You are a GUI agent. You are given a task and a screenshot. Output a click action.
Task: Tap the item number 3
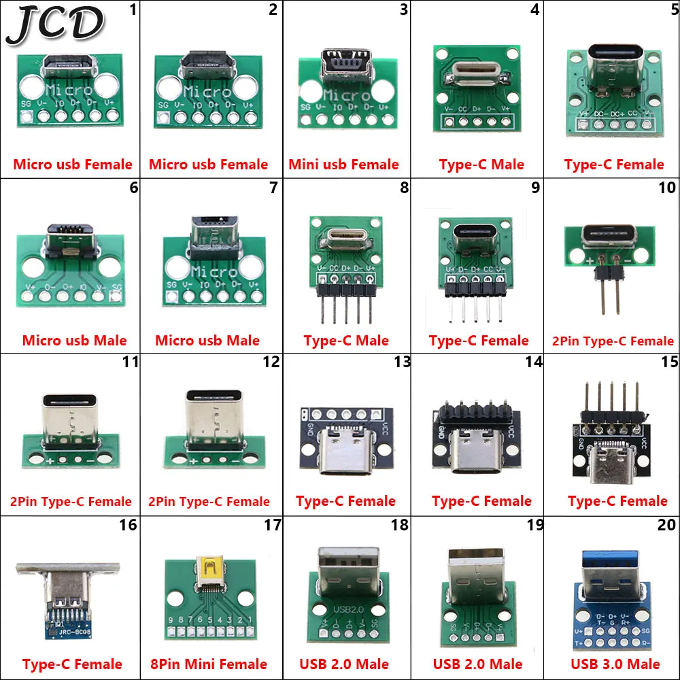(x=404, y=10)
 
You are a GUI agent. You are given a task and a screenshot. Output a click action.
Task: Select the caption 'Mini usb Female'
(x=343, y=165)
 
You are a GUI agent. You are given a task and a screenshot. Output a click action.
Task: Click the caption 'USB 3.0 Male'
(x=615, y=664)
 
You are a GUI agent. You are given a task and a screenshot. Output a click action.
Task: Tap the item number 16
(x=128, y=525)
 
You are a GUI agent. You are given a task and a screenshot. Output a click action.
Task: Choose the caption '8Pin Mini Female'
(x=208, y=664)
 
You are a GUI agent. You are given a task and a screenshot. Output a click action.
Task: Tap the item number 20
(x=667, y=525)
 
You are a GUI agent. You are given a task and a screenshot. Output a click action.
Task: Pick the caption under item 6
(x=74, y=341)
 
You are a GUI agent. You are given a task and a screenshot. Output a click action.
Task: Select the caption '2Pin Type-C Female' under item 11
(x=71, y=502)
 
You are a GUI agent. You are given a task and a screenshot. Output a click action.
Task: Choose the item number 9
(x=535, y=187)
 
